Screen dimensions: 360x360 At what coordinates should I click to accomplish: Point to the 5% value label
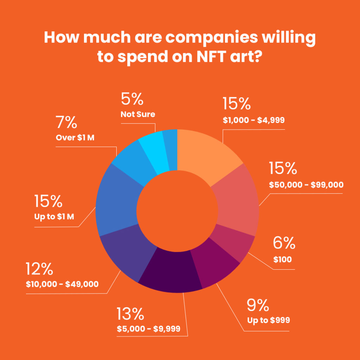click(132, 99)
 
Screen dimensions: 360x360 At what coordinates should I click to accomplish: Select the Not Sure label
click(138, 115)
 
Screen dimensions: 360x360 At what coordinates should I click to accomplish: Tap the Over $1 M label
click(76, 138)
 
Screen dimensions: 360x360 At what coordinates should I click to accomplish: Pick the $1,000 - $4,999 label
click(253, 120)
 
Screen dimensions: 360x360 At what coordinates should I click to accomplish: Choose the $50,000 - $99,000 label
click(306, 185)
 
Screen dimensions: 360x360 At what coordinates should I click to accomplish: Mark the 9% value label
click(258, 306)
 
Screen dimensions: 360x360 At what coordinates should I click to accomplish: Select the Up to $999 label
click(269, 321)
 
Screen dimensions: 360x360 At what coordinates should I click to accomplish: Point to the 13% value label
click(130, 314)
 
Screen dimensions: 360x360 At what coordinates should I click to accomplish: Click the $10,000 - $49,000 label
click(62, 284)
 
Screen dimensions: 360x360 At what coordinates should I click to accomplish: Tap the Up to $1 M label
click(54, 217)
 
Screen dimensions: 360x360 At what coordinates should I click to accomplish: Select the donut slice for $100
click(234, 243)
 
